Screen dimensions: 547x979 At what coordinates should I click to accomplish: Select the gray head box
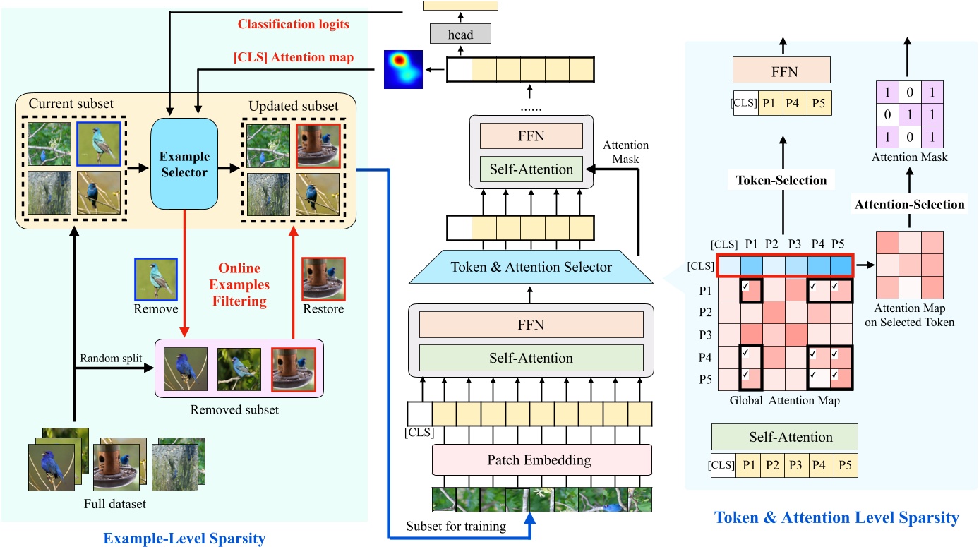460,33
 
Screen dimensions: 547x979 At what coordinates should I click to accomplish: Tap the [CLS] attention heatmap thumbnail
402,69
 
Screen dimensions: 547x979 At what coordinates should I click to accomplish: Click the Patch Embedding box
539,460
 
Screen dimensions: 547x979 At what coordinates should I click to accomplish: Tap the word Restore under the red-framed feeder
323,308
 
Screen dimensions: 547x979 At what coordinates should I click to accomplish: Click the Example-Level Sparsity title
184,539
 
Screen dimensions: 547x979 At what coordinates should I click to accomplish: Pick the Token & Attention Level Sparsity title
836,518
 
